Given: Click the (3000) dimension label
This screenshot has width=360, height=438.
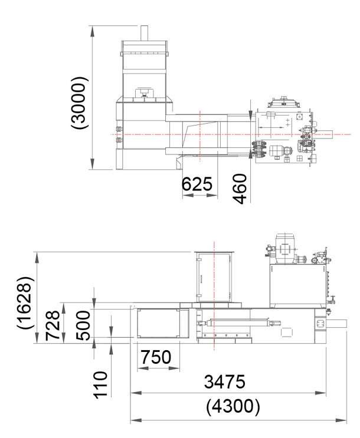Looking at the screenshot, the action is coord(80,103).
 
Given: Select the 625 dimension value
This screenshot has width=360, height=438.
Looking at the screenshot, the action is coord(197,184).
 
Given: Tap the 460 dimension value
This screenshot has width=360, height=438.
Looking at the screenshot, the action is coord(240,189).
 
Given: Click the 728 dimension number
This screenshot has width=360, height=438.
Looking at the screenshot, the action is coord(53,325).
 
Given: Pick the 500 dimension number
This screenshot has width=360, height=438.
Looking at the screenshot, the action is coord(83,326).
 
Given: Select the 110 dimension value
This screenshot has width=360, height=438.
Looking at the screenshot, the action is coord(100,385).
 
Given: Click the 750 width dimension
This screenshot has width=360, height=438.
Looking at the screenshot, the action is coord(156,357).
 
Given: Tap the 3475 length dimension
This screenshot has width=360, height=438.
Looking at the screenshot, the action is coord(224,382).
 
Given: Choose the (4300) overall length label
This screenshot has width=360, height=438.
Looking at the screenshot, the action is coord(233,406).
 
